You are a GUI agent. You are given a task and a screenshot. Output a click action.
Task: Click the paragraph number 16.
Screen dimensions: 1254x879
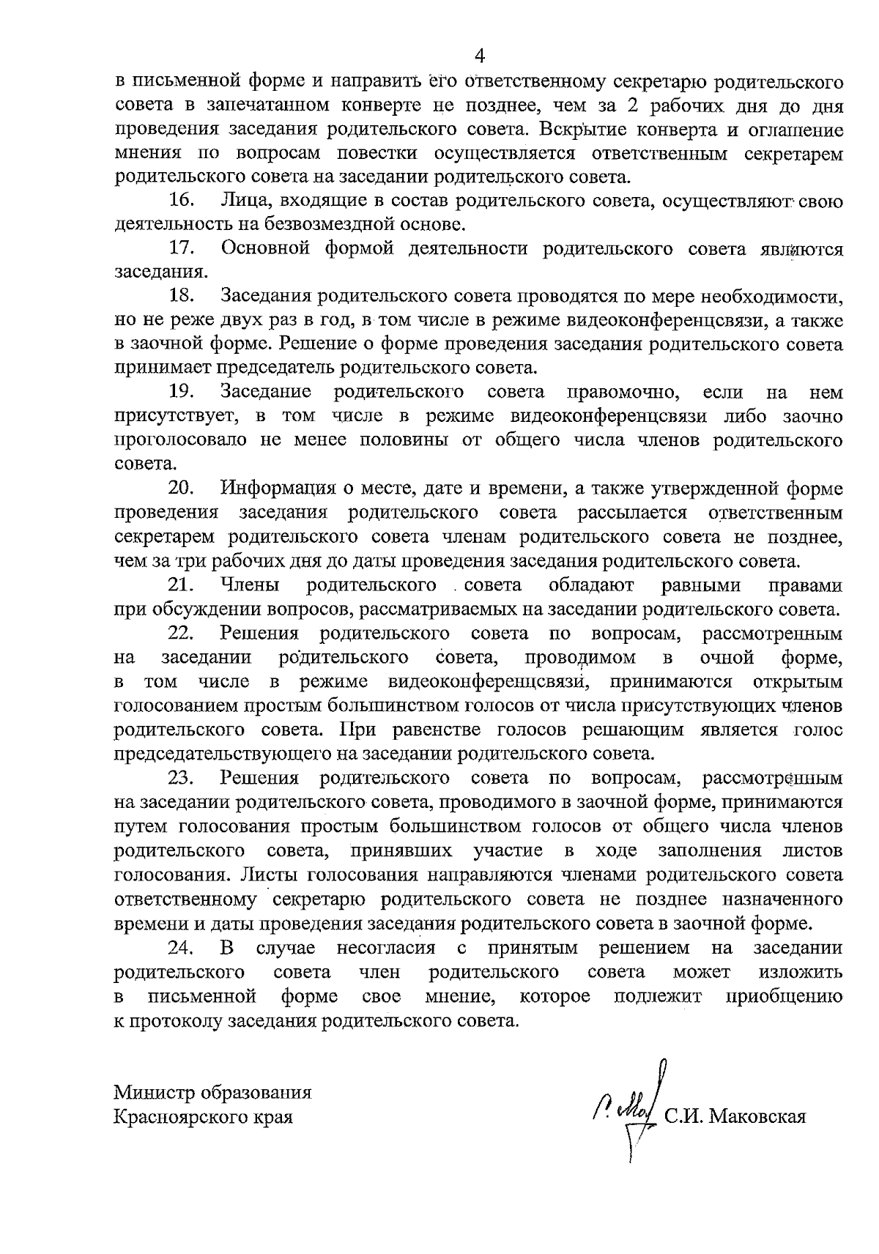click(181, 201)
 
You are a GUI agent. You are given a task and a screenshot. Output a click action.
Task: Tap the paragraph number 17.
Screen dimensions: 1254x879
click(181, 248)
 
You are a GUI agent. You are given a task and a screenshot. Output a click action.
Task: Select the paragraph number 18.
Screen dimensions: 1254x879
click(181, 296)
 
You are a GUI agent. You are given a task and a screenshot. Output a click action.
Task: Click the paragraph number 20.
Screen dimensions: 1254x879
click(181, 488)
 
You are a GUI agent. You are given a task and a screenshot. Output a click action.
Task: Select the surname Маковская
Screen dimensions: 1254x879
click(758, 1117)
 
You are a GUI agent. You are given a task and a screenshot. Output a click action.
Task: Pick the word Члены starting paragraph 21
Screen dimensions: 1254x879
click(249, 585)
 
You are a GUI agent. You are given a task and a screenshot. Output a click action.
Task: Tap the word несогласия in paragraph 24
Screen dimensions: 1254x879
click(386, 948)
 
